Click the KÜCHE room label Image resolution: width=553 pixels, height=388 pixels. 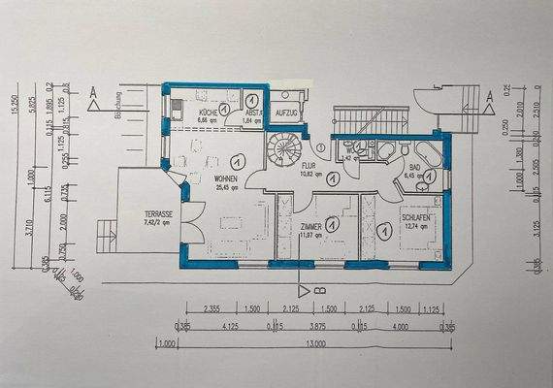tap(206, 113)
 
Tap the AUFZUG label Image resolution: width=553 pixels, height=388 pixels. tap(286, 113)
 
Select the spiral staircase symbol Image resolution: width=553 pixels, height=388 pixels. tap(286, 153)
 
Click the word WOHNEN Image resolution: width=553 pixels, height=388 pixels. tap(226, 179)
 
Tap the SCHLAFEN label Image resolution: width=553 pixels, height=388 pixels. tap(418, 220)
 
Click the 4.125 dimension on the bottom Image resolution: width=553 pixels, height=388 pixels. tap(231, 328)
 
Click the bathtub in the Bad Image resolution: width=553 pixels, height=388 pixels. tap(427, 150)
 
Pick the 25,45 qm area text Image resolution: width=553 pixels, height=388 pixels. tap(226, 188)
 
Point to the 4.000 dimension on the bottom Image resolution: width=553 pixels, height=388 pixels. tap(400, 328)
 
